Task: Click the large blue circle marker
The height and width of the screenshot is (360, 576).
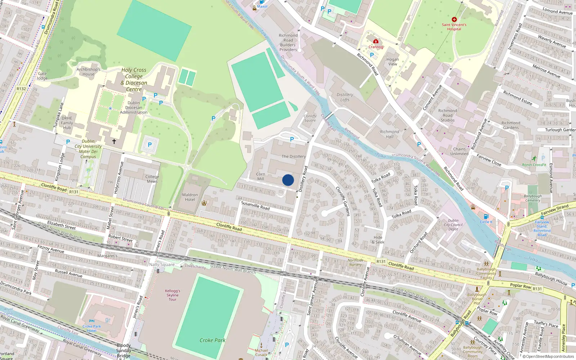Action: pos(288,180)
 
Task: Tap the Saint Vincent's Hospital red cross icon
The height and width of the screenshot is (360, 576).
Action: pos(454,19)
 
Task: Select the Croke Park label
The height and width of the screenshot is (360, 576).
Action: pos(212,340)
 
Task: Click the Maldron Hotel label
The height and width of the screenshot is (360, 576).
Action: pos(190,197)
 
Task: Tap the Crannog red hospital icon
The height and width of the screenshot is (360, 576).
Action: pos(376,41)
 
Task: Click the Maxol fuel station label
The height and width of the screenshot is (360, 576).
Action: pos(262,6)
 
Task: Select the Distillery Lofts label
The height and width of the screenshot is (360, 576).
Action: pos(345,97)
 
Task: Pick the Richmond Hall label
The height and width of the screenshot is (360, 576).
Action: pos(390,134)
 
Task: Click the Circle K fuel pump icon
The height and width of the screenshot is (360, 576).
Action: pos(486,217)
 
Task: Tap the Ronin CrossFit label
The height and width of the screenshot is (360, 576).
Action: pos(534,165)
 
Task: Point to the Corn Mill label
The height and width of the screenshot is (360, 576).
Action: pos(261,176)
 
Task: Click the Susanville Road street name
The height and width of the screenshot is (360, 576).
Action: pos(255,205)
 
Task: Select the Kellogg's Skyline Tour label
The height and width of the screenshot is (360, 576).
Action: pos(173,295)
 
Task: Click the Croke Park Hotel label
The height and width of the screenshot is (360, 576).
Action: pos(92,328)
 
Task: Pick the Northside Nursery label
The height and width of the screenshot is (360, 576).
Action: pos(355,262)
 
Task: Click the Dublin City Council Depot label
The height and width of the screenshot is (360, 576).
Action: pos(453,225)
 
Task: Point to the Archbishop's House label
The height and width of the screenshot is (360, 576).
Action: pos(88,72)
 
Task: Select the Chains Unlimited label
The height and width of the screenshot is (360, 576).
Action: pos(459,151)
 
